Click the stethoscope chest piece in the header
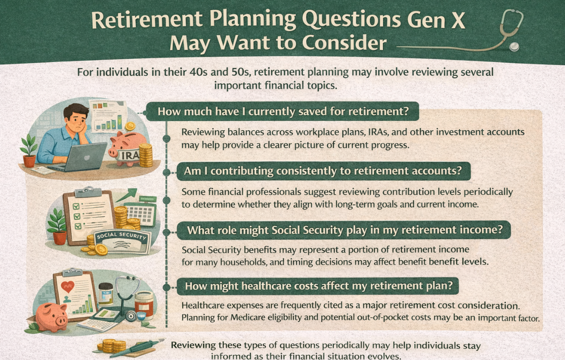click(514, 47)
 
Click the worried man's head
click(76, 116)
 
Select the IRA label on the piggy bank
click(130, 155)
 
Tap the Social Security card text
click(121, 236)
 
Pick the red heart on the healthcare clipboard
click(68, 287)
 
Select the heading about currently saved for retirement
click(283, 111)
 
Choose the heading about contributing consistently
click(323, 171)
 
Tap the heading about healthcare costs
click(319, 286)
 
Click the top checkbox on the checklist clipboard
click(76, 207)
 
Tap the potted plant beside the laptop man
click(29, 151)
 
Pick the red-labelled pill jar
click(144, 305)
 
